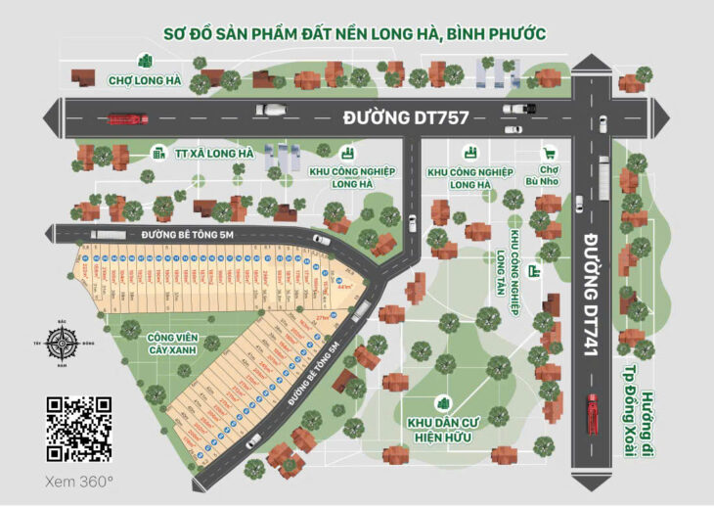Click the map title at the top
(357, 34)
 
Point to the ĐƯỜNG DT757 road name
(406, 117)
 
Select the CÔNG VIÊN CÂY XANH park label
(172, 343)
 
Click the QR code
(79, 429)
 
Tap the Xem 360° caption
(79, 482)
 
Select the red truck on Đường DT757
(127, 118)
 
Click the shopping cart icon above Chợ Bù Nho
(550, 154)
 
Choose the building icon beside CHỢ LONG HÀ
(145, 61)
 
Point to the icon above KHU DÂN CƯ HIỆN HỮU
(443, 403)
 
